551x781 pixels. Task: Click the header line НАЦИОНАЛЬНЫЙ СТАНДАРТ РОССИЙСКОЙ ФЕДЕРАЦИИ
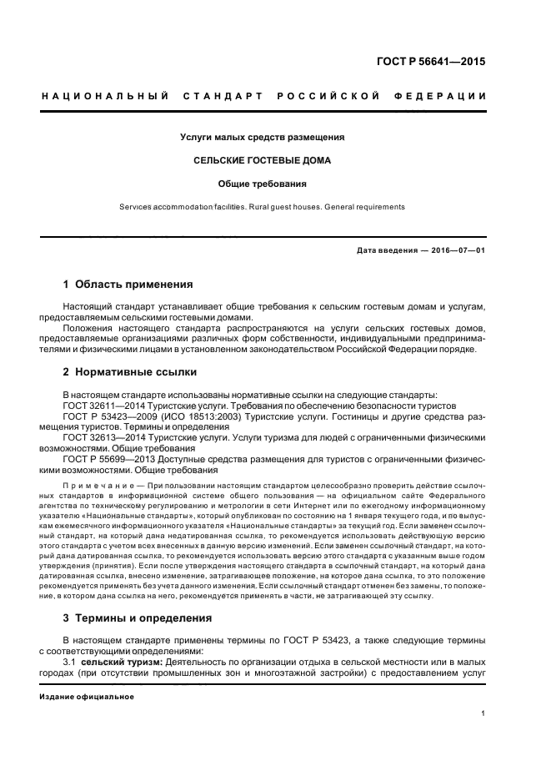click(x=264, y=96)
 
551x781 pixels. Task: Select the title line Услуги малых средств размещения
click(x=263, y=137)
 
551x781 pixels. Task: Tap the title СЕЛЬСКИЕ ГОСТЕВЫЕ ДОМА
click(x=263, y=160)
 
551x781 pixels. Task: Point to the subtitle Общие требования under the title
click(x=263, y=184)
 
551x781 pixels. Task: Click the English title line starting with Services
click(x=263, y=207)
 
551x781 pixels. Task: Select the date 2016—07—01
click(x=458, y=250)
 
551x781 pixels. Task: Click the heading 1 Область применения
click(x=128, y=285)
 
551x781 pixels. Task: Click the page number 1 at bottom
click(x=483, y=713)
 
